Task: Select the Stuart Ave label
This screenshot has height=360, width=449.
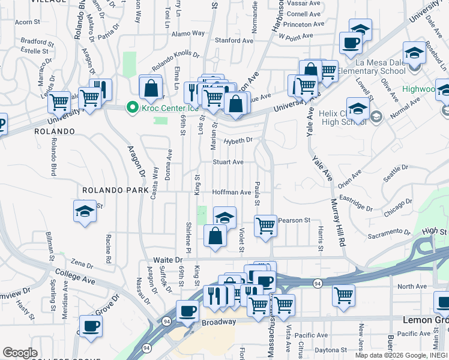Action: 228,162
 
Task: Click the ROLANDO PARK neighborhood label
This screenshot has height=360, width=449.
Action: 115,190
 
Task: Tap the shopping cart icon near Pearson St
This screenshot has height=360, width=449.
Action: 265,226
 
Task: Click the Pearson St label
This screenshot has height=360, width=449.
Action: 294,220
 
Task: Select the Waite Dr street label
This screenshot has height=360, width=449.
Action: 167,260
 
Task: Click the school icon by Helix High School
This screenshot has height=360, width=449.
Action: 357,109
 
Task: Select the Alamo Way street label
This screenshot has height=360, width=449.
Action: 188,34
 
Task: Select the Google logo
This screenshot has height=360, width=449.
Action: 20,353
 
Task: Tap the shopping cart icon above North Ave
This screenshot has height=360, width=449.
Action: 343,295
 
